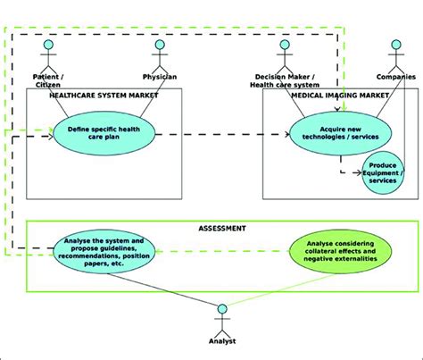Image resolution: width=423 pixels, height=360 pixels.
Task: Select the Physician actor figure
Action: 160,55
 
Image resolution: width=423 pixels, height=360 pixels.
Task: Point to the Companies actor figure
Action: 395,55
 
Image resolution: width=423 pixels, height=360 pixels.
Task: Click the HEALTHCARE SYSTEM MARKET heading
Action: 104,95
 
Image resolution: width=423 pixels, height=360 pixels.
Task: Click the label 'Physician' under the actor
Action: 161,77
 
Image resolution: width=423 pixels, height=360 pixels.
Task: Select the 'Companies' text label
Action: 395,77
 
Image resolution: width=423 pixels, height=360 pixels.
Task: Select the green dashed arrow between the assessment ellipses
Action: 223,253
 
